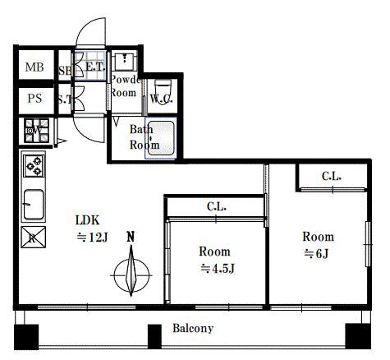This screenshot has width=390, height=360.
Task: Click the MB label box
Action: (34, 68)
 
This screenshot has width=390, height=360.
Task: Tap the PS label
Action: (34, 99)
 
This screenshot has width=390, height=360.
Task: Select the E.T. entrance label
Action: (93, 67)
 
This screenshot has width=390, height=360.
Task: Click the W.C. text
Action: (161, 100)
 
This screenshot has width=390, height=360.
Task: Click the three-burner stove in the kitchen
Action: (34, 166)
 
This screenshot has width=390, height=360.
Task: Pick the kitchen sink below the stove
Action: (34, 201)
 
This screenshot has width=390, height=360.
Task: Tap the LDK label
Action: (89, 220)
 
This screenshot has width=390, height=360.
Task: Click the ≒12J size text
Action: (93, 238)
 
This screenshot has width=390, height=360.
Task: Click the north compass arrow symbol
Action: (131, 272)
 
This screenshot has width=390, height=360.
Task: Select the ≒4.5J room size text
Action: (217, 269)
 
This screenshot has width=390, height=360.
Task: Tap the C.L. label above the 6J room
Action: (332, 176)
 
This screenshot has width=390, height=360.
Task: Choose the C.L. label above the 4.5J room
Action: (217, 207)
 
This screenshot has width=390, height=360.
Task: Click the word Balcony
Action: (193, 329)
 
